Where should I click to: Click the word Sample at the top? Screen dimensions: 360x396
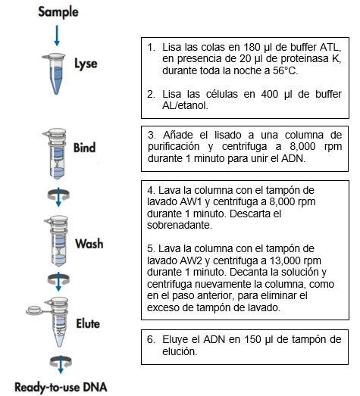pyautogui.click(x=58, y=12)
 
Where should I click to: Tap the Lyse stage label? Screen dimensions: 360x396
pyautogui.click(x=86, y=64)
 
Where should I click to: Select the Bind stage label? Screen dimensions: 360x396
pyautogui.click(x=84, y=148)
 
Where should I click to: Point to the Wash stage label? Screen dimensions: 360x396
pyautogui.click(x=89, y=244)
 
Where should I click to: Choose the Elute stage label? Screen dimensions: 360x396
pyautogui.click(x=88, y=323)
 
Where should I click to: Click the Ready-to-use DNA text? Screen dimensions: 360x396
pyautogui.click(x=61, y=387)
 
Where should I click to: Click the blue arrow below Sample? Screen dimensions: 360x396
pyautogui.click(x=57, y=36)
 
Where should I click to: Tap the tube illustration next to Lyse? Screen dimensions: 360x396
pyautogui.click(x=55, y=73)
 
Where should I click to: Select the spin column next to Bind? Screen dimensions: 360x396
pyautogui.click(x=56, y=154)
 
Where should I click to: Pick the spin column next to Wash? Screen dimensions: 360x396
pyautogui.click(x=58, y=241)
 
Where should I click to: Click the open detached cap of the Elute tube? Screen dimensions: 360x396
pyautogui.click(x=35, y=310)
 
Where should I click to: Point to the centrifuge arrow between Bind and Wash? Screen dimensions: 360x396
pyautogui.click(x=58, y=197)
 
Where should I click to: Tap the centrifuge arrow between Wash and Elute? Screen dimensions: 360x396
pyautogui.click(x=58, y=282)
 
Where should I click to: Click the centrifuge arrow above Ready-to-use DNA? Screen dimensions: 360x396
pyautogui.click(x=61, y=364)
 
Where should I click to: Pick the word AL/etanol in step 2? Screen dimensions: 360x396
pyautogui.click(x=185, y=106)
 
